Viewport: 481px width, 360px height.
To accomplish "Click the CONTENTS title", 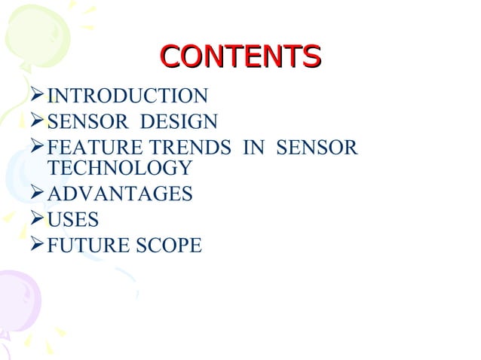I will (240, 57).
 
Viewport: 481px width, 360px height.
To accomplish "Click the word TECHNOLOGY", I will (119, 168).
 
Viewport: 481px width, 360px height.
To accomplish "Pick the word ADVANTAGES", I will (119, 194).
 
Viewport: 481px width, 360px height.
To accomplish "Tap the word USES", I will (72, 220).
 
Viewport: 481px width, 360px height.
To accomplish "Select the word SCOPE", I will (169, 245).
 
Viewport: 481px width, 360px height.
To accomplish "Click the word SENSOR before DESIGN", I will (86, 121).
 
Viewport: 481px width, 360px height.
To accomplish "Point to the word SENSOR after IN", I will (316, 147).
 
